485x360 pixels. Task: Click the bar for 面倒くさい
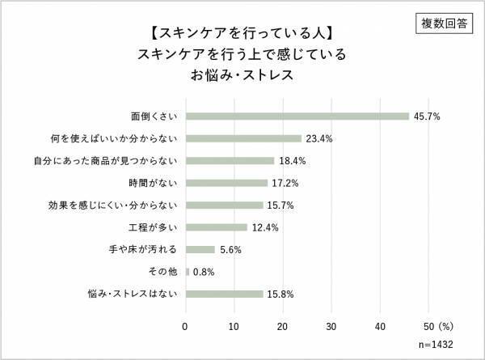tap(297, 116)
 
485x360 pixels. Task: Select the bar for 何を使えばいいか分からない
tap(243, 138)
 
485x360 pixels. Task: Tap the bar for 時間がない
tap(227, 183)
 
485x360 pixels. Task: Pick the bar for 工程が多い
tap(216, 227)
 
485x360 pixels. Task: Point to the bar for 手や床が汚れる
tap(200, 249)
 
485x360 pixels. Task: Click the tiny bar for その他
tap(188, 271)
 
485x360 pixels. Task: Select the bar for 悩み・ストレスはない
tap(224, 294)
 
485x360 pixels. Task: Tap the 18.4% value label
tap(292, 161)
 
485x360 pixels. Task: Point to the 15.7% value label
tap(280, 205)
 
